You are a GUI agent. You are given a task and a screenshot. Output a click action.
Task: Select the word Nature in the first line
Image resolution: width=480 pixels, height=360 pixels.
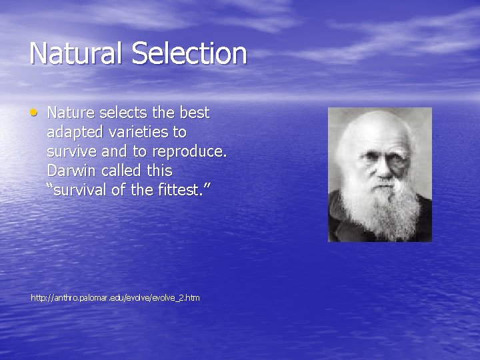(x=69, y=113)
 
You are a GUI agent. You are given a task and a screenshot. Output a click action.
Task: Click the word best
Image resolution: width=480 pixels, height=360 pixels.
(x=194, y=113)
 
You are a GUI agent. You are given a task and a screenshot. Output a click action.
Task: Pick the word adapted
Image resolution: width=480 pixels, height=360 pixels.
(x=73, y=133)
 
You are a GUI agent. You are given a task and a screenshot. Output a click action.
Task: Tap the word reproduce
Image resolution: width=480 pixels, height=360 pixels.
(x=189, y=152)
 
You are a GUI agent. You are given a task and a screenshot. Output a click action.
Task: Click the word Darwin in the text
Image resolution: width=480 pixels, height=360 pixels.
(x=71, y=171)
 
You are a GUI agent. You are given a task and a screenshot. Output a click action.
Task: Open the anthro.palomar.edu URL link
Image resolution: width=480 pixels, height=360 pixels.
(x=115, y=297)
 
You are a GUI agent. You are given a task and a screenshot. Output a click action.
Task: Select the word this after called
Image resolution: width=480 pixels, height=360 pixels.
(x=158, y=171)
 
